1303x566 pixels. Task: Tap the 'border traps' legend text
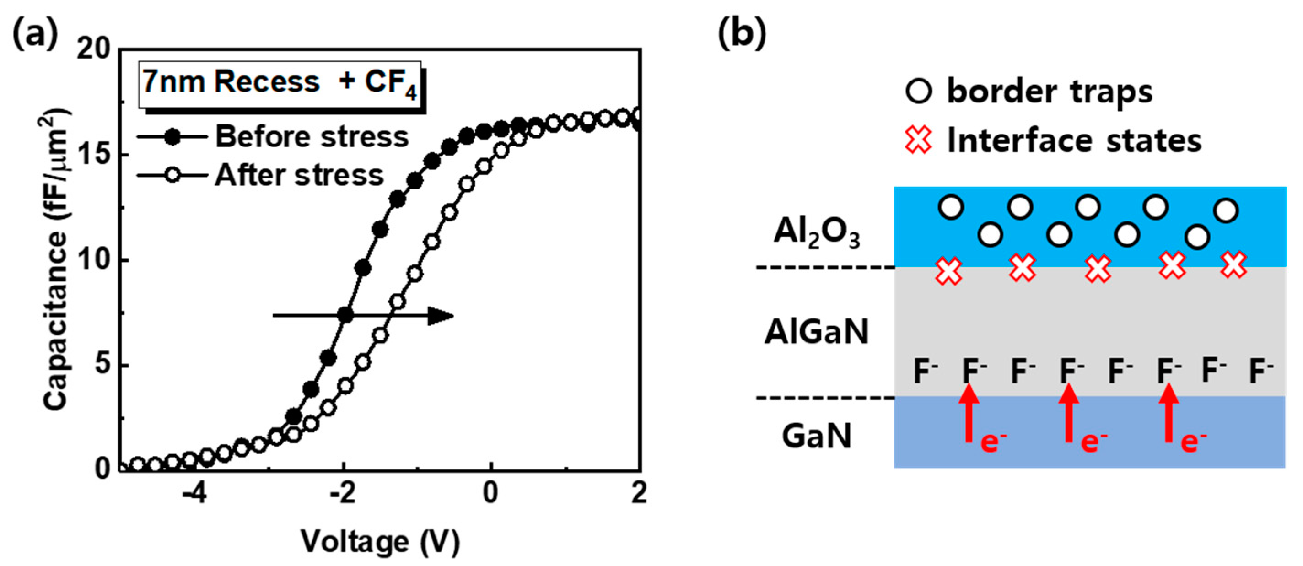tap(1050, 92)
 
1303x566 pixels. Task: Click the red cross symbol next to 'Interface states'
tap(918, 140)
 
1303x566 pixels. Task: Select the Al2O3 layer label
tap(816, 234)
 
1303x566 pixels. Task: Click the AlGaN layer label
tap(816, 332)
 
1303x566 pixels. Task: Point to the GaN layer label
tap(816, 436)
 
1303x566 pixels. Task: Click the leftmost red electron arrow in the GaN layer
tap(969, 414)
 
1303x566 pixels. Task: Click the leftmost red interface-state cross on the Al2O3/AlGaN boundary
tap(948, 271)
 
